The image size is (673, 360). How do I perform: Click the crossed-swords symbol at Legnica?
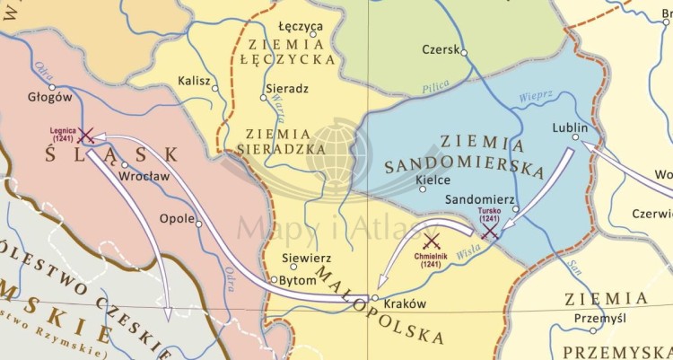pyautogui.click(x=86, y=136)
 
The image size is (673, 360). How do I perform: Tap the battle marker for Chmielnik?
pyautogui.click(x=432, y=241)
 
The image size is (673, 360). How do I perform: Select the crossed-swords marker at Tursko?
pyautogui.click(x=490, y=232)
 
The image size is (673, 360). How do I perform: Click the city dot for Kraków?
pyautogui.click(x=375, y=297)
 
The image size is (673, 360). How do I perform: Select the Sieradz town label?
pyautogui.click(x=287, y=90)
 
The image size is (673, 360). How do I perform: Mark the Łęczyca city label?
pyautogui.click(x=301, y=26)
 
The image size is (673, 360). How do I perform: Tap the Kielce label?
pyautogui.click(x=433, y=179)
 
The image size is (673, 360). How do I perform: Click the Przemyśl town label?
pyautogui.click(x=600, y=318)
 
